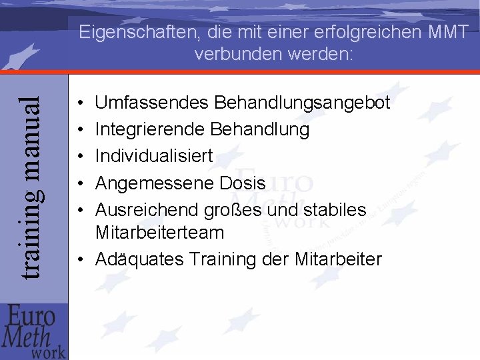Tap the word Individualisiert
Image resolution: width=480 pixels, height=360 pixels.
(154, 156)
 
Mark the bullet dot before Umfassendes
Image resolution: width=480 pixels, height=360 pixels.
(80, 105)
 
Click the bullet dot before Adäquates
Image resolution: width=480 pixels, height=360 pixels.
(80, 259)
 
